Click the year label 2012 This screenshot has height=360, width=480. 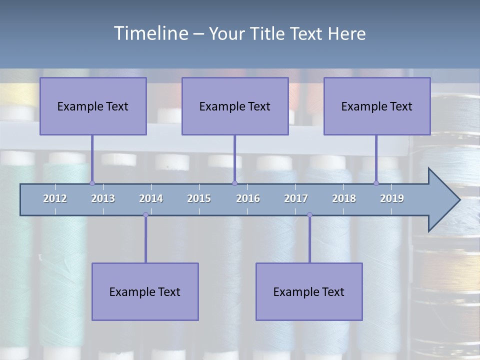(x=55, y=198)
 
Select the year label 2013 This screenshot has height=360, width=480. (x=103, y=198)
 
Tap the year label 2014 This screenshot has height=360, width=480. (x=151, y=198)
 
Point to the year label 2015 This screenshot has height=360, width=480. (x=199, y=198)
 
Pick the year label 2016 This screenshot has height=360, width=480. (x=248, y=198)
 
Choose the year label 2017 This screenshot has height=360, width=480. (x=296, y=198)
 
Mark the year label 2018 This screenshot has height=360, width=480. (x=344, y=198)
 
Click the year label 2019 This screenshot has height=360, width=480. (x=392, y=198)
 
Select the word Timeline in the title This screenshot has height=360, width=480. (x=150, y=33)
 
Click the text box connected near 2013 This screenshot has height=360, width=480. (x=93, y=106)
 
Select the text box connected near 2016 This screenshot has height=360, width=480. (x=235, y=106)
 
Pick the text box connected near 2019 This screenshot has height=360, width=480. (x=377, y=106)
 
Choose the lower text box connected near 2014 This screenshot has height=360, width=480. (x=145, y=291)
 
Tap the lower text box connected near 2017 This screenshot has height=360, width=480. (x=309, y=291)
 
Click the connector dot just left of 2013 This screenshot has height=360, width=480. (x=92, y=183)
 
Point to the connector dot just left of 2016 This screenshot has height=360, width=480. (x=234, y=183)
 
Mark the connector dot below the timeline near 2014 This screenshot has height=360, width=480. (x=145, y=215)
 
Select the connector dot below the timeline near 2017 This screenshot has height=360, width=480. (x=309, y=215)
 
